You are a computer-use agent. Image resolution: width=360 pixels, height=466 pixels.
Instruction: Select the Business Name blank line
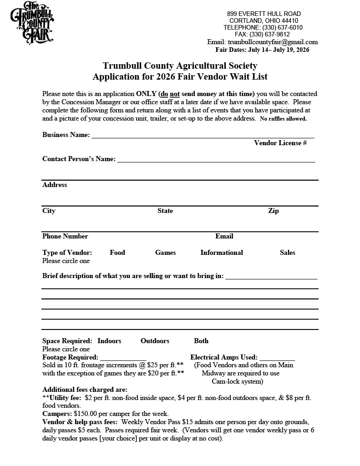pos(203,135)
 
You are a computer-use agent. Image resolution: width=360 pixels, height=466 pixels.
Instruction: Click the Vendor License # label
pos(280,143)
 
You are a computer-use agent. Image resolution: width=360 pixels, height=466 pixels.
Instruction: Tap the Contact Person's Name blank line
pos(216,160)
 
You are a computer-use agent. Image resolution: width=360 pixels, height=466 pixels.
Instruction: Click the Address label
pos(55,185)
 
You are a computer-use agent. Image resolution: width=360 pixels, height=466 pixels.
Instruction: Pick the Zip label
pos(274,211)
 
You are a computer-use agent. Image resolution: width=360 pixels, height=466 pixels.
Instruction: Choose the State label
pos(165,211)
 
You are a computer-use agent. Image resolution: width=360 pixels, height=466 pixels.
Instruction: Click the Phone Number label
pos(65,236)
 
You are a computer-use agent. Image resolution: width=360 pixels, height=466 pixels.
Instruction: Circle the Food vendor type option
pos(117,253)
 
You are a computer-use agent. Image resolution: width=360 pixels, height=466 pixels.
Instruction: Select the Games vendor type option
pos(165,253)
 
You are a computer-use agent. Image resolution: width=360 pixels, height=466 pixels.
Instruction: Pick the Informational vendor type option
pos(222,253)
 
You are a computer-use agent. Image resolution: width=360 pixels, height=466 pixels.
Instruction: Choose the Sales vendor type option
pos(288,253)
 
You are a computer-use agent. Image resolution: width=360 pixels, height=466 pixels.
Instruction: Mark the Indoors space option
pos(109,341)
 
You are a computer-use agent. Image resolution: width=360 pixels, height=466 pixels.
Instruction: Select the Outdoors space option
pos(155,341)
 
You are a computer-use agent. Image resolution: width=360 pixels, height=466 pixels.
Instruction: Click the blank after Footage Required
pos(123,358)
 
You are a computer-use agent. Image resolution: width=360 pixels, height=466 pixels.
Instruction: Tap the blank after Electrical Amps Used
pos(277,358)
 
